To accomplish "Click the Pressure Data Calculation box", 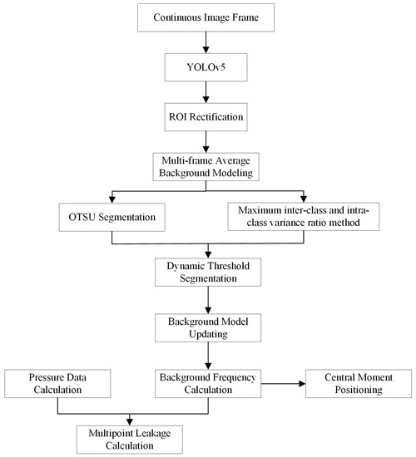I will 57,383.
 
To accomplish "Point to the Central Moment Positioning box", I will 357,383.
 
